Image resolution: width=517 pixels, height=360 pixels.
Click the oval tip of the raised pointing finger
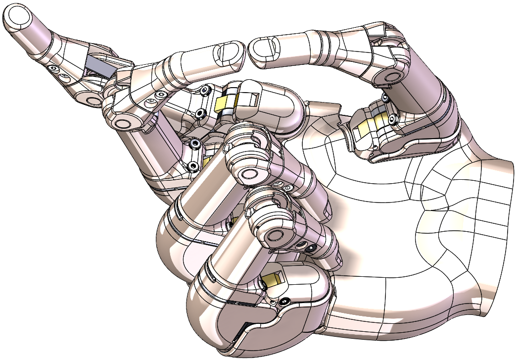pyautogui.click(x=18, y=17)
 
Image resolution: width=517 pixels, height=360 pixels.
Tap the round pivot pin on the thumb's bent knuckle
pyautogui.click(x=391, y=75)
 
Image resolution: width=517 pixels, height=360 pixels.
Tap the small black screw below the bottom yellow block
pyautogui.click(x=284, y=300)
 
